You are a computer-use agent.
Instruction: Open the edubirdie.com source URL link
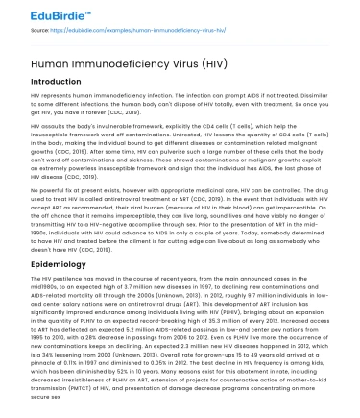tap(115, 29)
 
